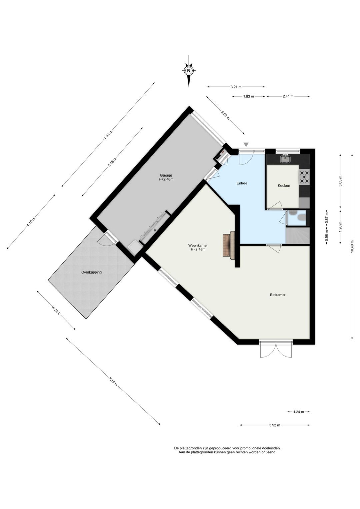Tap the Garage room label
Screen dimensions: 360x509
pyautogui.click(x=166, y=175)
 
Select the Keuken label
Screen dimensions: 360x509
pyautogui.click(x=284, y=186)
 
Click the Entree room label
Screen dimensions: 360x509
pyautogui.click(x=242, y=183)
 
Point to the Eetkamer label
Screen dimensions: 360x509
pyautogui.click(x=278, y=295)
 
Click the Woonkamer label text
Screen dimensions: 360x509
pyautogui.click(x=198, y=245)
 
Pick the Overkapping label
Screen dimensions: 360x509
pyautogui.click(x=92, y=272)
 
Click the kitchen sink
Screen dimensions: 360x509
pyautogui.click(x=285, y=159)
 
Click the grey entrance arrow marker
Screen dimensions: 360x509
pyautogui.click(x=246, y=144)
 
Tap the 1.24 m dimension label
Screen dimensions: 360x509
pyautogui.click(x=298, y=412)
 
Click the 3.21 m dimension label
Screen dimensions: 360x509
pyautogui.click(x=236, y=87)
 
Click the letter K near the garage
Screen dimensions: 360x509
pyautogui.click(x=155, y=230)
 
